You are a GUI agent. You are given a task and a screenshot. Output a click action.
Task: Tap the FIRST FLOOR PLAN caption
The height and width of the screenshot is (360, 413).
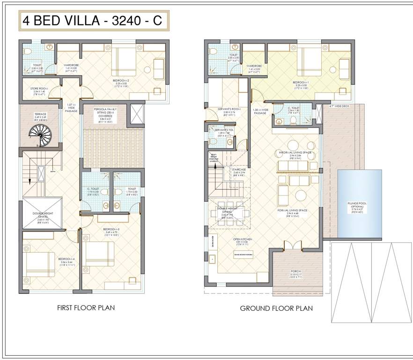click(86, 308)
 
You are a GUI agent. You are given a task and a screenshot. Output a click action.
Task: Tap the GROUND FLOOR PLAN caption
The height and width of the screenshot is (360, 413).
click(276, 308)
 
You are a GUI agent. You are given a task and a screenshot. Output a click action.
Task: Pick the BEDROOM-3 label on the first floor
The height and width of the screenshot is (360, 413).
click(111, 229)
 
